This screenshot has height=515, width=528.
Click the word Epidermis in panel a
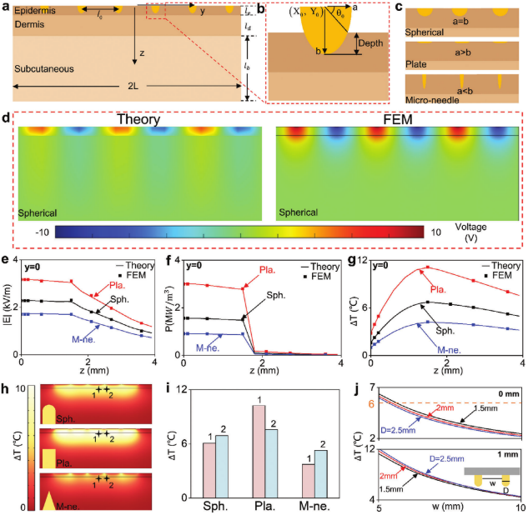pyautogui.click(x=33, y=10)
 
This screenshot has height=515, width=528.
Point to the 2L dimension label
pyautogui.click(x=128, y=87)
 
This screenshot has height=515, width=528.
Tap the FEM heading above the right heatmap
pyautogui.click(x=399, y=119)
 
